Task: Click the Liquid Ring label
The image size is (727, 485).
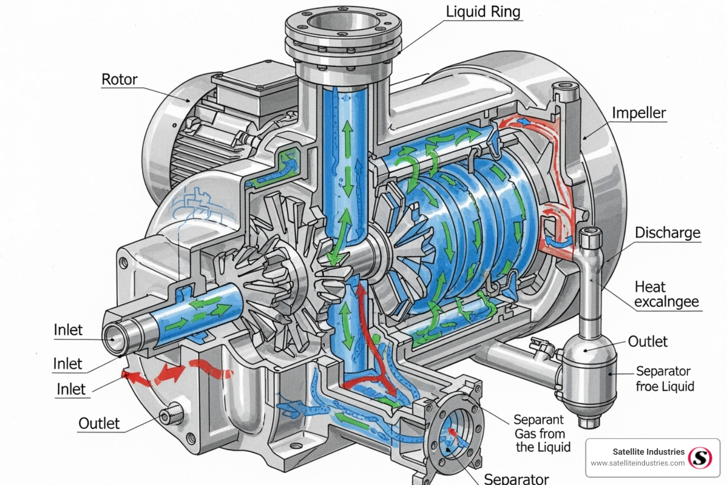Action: (483, 11)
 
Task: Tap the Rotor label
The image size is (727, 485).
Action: (119, 79)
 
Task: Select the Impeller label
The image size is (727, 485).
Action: (638, 113)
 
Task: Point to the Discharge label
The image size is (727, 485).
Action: (667, 233)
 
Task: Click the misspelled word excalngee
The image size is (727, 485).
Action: (666, 302)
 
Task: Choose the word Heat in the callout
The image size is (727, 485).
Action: (650, 287)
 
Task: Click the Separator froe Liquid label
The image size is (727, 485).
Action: (665, 378)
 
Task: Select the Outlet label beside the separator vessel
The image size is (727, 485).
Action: (647, 341)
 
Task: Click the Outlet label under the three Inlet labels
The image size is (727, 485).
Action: (99, 423)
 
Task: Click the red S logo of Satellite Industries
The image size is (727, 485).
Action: (700, 458)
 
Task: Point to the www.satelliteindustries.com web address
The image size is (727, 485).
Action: (638, 463)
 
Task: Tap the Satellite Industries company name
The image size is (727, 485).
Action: (648, 452)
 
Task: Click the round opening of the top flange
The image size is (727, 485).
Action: (343, 22)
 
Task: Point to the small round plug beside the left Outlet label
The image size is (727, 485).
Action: (166, 416)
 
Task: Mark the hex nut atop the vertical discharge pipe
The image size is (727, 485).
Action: (590, 236)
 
